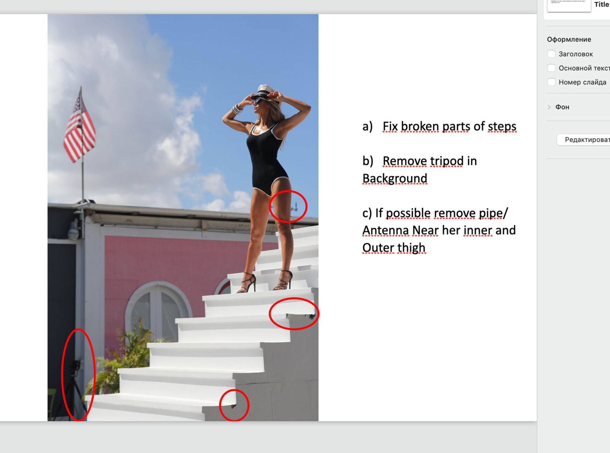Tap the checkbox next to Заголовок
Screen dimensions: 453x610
[x=551, y=54]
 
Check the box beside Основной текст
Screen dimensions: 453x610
[x=551, y=68]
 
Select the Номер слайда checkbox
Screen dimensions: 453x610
[x=551, y=82]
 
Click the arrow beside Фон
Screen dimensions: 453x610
[x=549, y=107]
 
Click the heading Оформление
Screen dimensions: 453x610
[x=569, y=39]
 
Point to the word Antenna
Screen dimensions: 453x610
[x=385, y=231]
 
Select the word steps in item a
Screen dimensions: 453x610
[x=502, y=126]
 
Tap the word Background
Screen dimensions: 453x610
[x=395, y=178]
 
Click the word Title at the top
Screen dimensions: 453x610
[x=601, y=4]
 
